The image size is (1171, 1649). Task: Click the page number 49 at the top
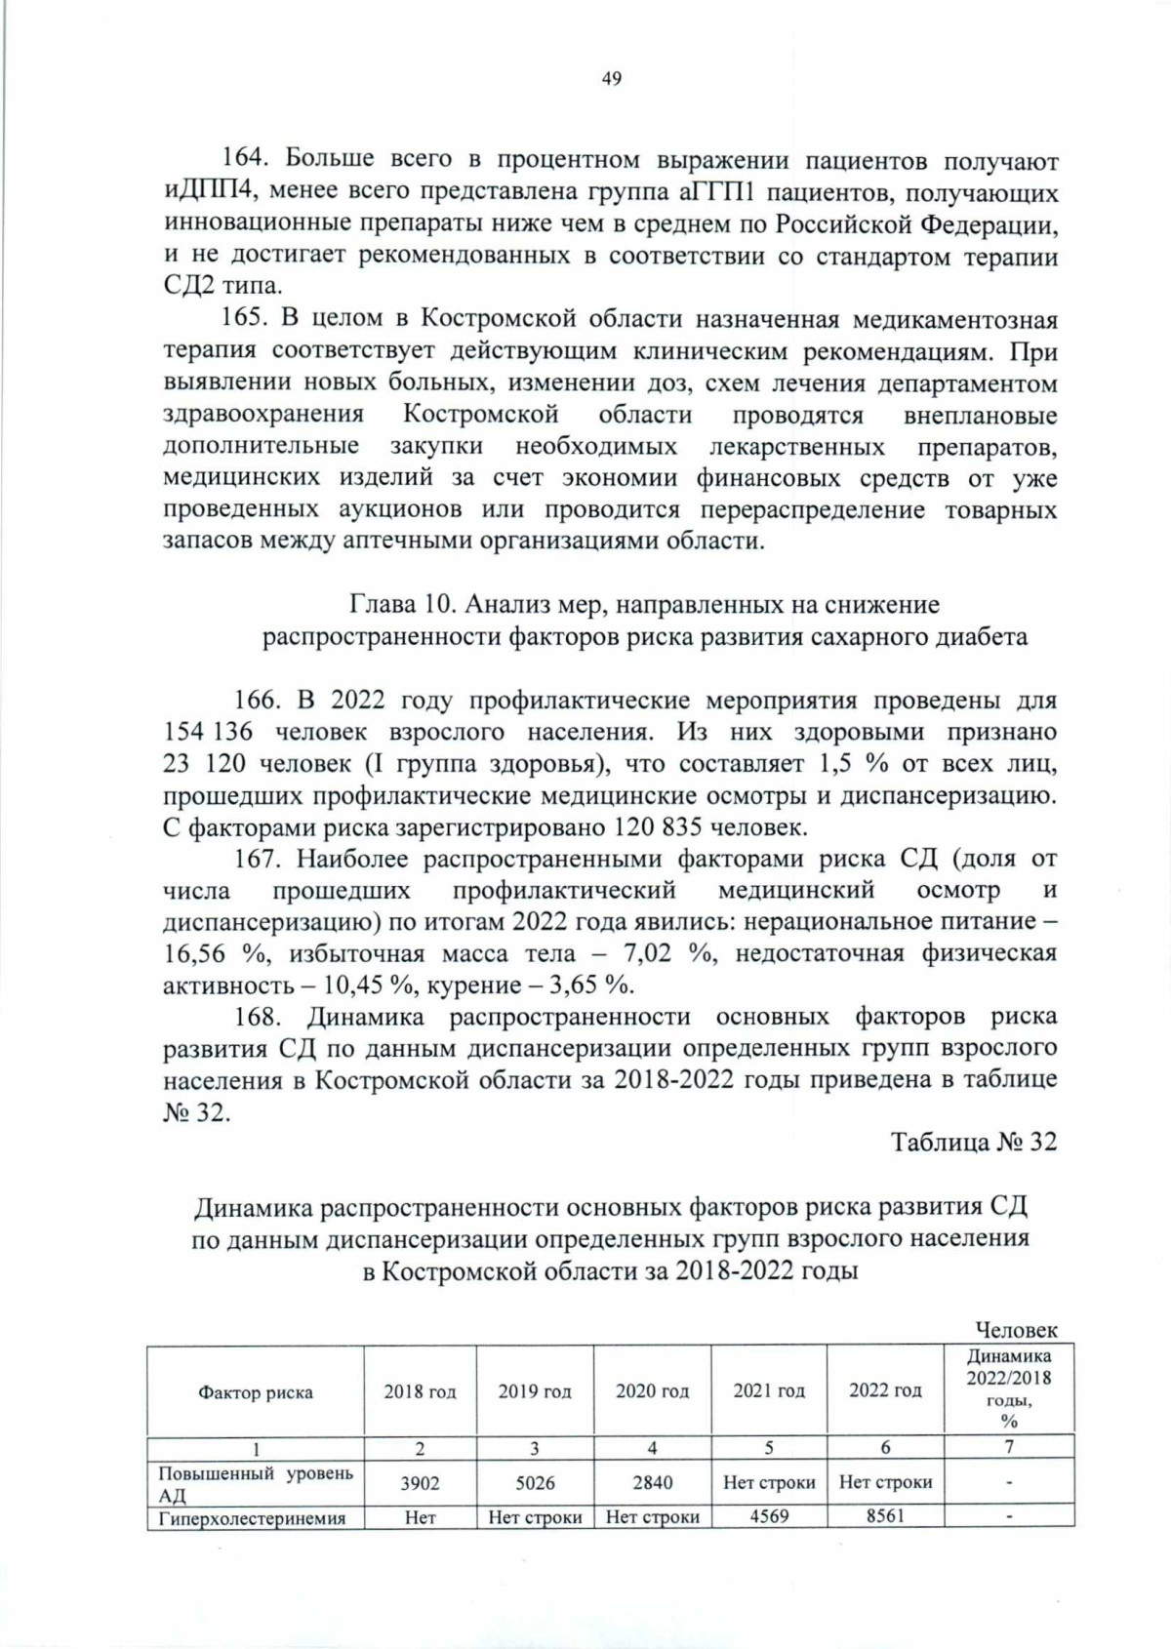tap(612, 79)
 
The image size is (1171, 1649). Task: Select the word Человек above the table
tap(1016, 1330)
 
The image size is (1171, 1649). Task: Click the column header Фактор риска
tap(256, 1392)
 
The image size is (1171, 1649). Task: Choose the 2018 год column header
tap(420, 1392)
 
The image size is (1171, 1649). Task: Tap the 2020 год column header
tap(652, 1392)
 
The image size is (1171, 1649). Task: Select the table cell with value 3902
tap(420, 1483)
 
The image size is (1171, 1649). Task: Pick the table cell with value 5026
tap(535, 1483)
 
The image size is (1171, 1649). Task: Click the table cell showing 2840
tap(652, 1483)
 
